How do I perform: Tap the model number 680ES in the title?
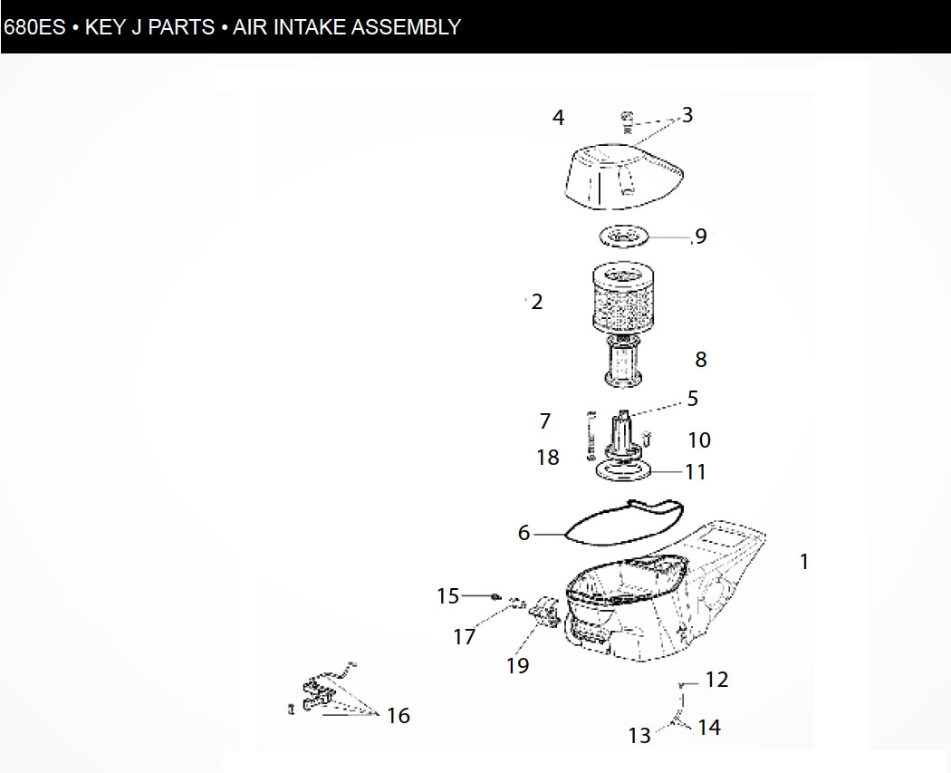pyautogui.click(x=34, y=27)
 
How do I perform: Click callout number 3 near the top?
pyautogui.click(x=687, y=115)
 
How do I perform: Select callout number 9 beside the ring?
pyautogui.click(x=701, y=236)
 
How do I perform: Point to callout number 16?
pyautogui.click(x=399, y=715)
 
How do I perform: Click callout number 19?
pyautogui.click(x=518, y=665)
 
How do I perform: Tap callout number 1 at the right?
pyautogui.click(x=804, y=561)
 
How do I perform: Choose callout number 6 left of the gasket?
pyautogui.click(x=524, y=533)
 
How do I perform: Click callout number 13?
pyautogui.click(x=639, y=735)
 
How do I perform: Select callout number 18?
pyautogui.click(x=548, y=457)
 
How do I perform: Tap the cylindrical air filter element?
pyautogui.click(x=622, y=297)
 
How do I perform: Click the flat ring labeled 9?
pyautogui.click(x=623, y=236)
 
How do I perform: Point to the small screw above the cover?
pyautogui.click(x=627, y=121)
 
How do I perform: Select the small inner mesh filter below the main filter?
pyautogui.click(x=624, y=362)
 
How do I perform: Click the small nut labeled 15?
pyautogui.click(x=496, y=597)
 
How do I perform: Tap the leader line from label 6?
pyautogui.click(x=550, y=535)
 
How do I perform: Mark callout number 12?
pyautogui.click(x=717, y=680)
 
